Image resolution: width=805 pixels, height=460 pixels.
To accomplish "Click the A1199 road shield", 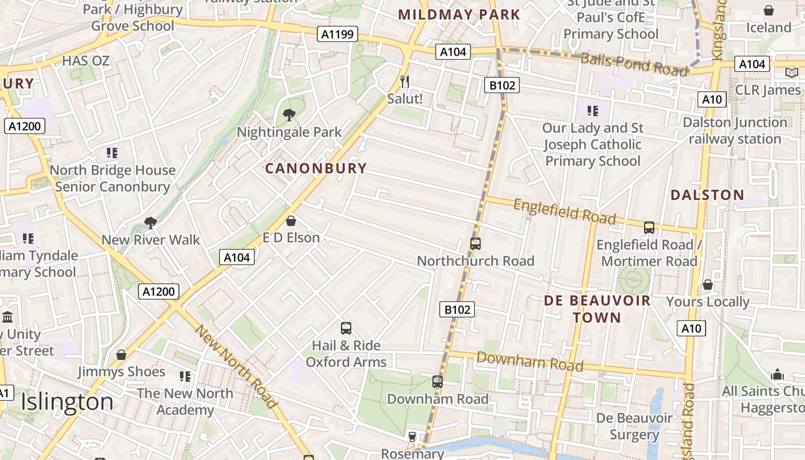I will (338, 34).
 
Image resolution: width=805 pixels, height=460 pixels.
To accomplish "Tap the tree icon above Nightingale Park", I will (289, 115).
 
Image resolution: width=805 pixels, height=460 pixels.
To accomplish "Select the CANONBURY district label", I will (316, 168).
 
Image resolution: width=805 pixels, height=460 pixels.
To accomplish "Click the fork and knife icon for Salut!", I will (405, 81).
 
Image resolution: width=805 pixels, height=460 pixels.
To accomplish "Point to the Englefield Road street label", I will (564, 212).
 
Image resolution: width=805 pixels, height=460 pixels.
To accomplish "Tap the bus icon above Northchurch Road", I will (475, 244).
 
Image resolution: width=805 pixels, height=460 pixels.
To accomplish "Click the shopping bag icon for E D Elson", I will (291, 221).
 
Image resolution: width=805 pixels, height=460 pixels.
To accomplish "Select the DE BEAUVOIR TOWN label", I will (597, 309).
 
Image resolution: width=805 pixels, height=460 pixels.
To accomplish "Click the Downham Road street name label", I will (530, 362).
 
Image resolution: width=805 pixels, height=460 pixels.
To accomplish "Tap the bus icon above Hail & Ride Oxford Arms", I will (346, 328).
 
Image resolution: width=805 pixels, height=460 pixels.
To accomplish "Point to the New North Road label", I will (236, 367).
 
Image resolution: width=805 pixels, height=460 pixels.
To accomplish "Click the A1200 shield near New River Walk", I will (159, 292).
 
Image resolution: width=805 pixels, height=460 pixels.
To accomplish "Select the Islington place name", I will (67, 402).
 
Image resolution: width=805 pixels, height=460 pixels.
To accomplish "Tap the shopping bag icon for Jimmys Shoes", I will (121, 355).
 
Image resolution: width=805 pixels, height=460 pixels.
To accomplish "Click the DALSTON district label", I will (707, 195).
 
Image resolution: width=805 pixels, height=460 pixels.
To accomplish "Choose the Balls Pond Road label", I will (634, 64).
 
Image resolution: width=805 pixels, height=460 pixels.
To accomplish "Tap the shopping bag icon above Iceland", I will (769, 10).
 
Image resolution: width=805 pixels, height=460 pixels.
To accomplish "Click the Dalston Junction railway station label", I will (735, 131).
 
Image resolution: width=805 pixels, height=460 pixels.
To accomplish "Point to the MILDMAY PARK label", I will (459, 15).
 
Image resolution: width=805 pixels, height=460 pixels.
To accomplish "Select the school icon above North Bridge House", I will (112, 153).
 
